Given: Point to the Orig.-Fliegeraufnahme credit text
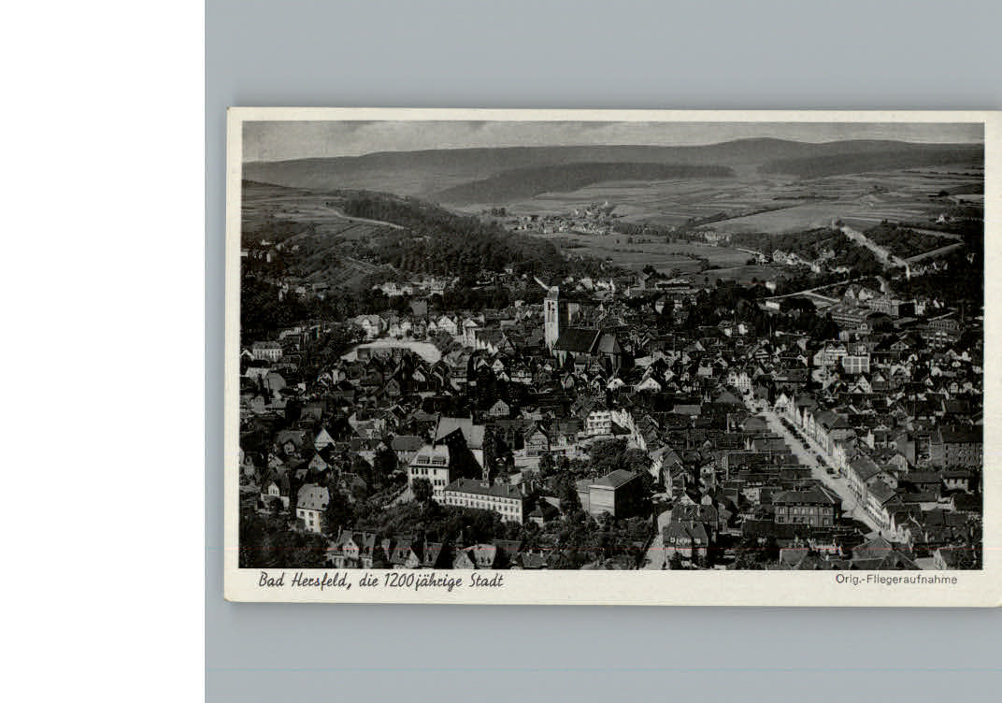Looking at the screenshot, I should (895, 579).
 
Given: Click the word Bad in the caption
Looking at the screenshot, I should (271, 581).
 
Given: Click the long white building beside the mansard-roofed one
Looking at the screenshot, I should (484, 498).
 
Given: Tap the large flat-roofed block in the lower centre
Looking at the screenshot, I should (614, 492).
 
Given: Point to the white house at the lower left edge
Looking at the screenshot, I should (311, 507).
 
